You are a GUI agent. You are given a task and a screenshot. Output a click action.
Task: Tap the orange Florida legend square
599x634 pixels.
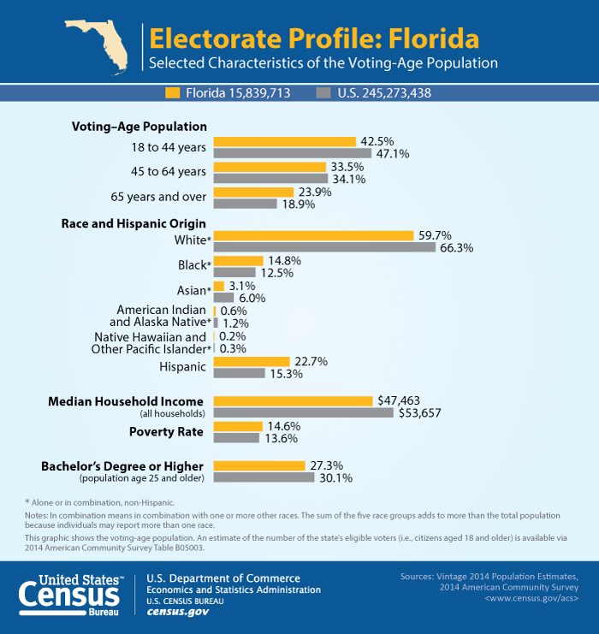[x=172, y=92]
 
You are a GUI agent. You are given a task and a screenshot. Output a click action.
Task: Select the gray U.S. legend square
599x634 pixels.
[x=323, y=92]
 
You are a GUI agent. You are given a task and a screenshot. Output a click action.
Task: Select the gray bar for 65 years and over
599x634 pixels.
[x=245, y=204]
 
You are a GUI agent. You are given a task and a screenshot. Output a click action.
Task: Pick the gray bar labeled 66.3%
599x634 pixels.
[x=324, y=247]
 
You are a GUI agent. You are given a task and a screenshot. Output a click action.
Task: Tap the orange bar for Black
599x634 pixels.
[x=238, y=261]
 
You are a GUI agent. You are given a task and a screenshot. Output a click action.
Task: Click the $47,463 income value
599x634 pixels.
[x=399, y=400]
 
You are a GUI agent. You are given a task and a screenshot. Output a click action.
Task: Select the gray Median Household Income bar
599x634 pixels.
[x=304, y=412]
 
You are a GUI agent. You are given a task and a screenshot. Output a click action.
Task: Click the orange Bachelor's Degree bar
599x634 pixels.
[x=258, y=465]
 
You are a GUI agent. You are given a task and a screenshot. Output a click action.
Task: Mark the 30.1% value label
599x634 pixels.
[x=335, y=477]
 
